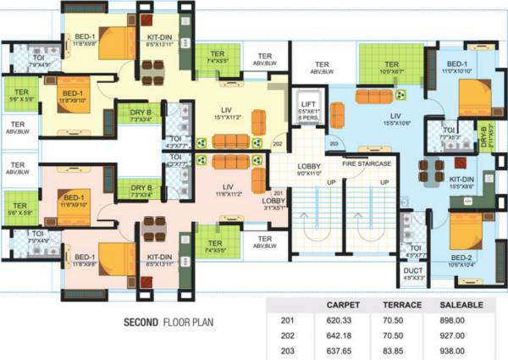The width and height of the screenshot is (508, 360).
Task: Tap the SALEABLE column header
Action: pyautogui.click(x=461, y=304)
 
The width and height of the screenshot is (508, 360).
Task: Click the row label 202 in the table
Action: pyautogui.click(x=287, y=334)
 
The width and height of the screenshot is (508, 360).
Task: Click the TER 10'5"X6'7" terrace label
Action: pyautogui.click(x=390, y=69)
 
